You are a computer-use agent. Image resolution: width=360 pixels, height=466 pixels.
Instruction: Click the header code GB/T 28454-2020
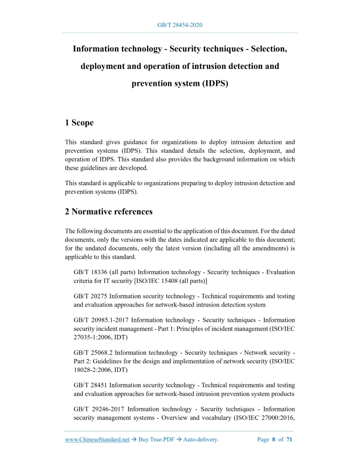click(x=179, y=25)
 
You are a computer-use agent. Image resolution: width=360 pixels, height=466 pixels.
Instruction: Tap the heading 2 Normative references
click(x=109, y=211)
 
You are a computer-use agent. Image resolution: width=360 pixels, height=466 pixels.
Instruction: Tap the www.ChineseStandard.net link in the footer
click(x=97, y=440)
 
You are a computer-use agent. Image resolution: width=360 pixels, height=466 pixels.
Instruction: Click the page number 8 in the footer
click(x=274, y=440)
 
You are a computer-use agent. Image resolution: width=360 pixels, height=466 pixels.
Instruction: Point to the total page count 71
click(x=289, y=440)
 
